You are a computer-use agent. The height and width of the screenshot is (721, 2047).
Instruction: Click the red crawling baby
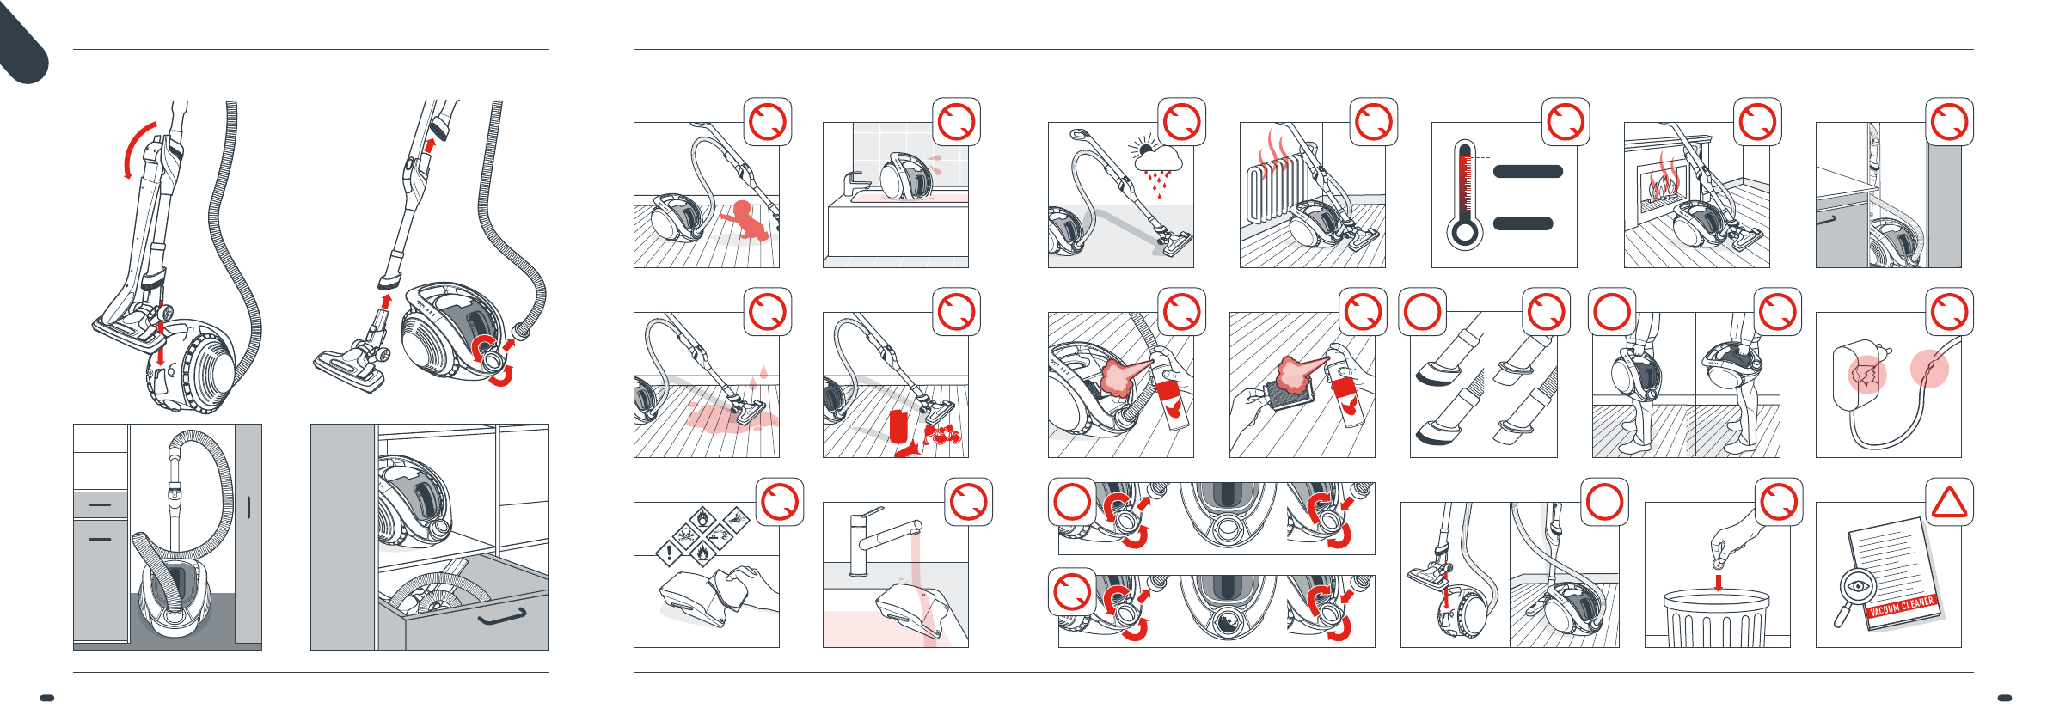coord(745,222)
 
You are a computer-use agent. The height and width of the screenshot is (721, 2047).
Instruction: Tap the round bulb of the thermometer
coord(1463,233)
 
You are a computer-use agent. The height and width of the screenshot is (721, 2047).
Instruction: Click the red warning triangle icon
coord(1949,503)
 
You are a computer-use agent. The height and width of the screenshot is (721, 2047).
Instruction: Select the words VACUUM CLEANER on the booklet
coord(1902,607)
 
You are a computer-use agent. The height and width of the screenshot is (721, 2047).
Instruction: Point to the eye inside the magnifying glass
coord(1858,586)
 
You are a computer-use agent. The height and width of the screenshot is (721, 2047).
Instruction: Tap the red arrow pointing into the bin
coord(1718,583)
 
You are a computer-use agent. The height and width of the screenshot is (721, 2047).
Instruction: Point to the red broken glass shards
coord(942,434)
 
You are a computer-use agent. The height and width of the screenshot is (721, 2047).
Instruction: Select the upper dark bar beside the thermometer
coord(1527,171)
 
